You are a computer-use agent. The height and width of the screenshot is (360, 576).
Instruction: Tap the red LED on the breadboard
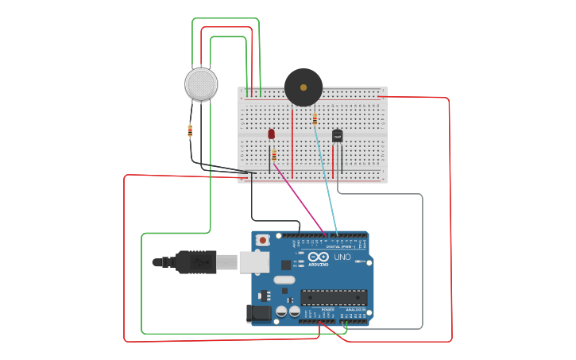(x=272, y=134)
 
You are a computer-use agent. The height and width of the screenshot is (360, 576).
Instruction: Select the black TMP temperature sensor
(x=338, y=137)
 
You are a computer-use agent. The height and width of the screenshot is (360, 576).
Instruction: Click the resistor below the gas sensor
(x=190, y=131)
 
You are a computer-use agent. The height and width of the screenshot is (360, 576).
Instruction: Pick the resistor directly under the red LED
(x=274, y=156)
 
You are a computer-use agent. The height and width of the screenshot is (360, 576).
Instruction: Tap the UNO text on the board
(x=342, y=257)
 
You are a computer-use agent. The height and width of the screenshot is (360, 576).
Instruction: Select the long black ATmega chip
(x=334, y=297)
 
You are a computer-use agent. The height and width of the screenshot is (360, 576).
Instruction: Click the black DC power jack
(x=260, y=313)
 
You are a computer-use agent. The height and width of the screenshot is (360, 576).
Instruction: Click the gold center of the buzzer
(x=303, y=87)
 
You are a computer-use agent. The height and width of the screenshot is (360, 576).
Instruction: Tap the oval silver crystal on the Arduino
(x=284, y=280)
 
